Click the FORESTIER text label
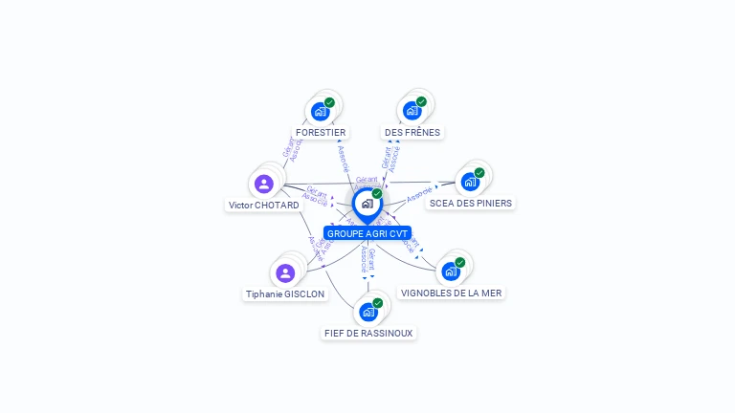point(321,132)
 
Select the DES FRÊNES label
point(412,132)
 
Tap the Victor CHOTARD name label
point(264,205)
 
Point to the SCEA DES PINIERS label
point(470,203)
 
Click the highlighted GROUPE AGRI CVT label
point(367,233)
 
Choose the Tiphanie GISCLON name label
point(285,293)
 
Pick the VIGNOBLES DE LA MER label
point(451,293)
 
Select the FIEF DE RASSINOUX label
point(369,333)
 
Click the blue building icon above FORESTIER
point(321,111)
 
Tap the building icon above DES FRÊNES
point(412,111)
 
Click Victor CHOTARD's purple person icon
point(264,184)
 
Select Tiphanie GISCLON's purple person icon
point(285,273)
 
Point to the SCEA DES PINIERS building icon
point(470,182)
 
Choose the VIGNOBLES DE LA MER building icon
point(451,272)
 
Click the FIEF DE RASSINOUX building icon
point(368,312)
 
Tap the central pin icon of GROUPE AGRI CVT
point(367,204)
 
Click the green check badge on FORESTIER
point(329,102)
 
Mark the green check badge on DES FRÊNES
point(421,102)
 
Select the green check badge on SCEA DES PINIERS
point(479,173)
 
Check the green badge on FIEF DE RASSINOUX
point(378,303)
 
